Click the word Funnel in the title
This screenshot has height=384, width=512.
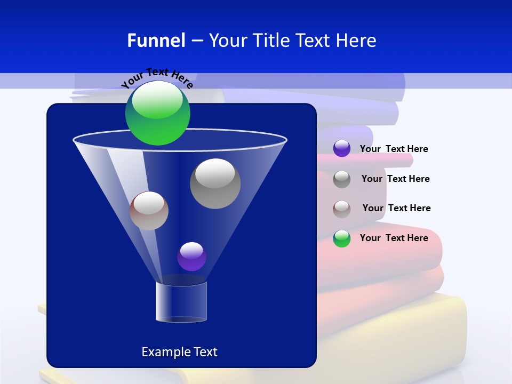click(156, 41)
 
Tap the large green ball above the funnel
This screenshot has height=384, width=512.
click(158, 113)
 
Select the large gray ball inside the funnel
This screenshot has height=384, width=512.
click(215, 183)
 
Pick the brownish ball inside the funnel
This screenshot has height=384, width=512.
click(149, 211)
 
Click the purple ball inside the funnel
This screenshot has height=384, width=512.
click(191, 257)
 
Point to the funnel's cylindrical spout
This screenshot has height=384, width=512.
click(181, 301)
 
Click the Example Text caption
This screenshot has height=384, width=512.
click(179, 352)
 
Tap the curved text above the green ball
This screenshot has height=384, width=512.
click(157, 77)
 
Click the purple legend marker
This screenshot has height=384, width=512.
click(342, 149)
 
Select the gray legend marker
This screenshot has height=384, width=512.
click(342, 179)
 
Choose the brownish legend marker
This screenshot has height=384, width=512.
click(342, 209)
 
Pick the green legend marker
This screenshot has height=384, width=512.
click(342, 238)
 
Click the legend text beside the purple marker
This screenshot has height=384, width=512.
click(394, 149)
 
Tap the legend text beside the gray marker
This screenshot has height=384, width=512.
click(395, 179)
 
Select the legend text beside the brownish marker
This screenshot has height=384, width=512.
click(396, 208)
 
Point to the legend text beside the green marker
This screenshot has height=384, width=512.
click(394, 238)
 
